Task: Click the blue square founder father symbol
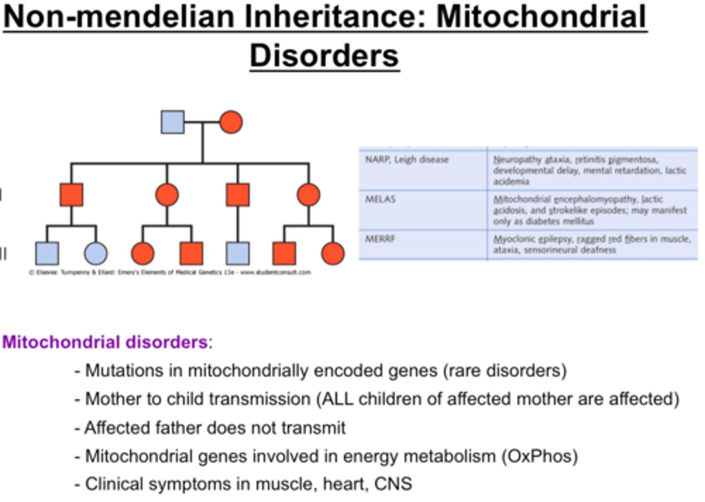coord(172,122)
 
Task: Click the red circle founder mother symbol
coord(231,122)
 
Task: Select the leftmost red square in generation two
coord(71,194)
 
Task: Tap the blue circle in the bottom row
coord(95,253)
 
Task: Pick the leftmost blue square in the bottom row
coord(47,253)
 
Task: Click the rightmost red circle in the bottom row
coord(333,253)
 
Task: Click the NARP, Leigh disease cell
coord(407,160)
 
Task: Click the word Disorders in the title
coord(325,55)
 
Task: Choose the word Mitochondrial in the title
coord(540,16)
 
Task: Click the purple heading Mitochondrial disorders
coord(105,342)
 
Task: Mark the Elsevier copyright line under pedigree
coord(169,272)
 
